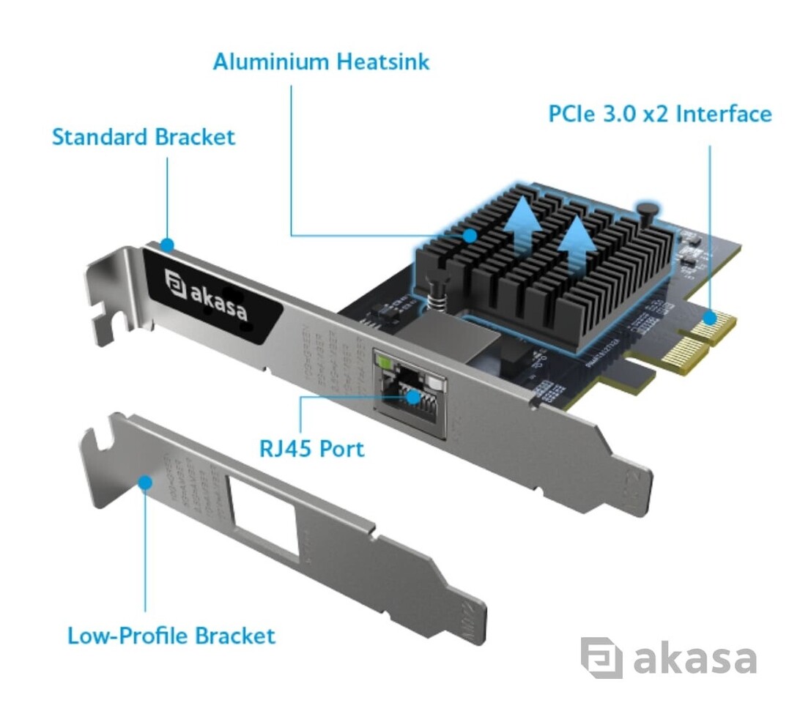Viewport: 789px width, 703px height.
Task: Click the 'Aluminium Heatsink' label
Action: pyautogui.click(x=321, y=62)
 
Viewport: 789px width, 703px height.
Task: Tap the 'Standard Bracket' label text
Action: pyautogui.click(x=144, y=137)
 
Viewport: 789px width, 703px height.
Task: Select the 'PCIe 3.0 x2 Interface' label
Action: pyautogui.click(x=659, y=114)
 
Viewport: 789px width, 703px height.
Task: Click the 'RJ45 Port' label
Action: pyautogui.click(x=311, y=447)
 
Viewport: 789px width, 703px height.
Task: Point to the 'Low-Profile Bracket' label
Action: pyautogui.click(x=171, y=635)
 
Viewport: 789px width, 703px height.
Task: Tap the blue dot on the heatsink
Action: pyautogui.click(x=469, y=236)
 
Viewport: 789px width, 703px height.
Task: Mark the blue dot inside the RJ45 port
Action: pyautogui.click(x=415, y=397)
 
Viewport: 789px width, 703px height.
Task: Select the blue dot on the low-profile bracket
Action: pyautogui.click(x=145, y=483)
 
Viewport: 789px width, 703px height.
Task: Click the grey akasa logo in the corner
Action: pyautogui.click(x=667, y=658)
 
